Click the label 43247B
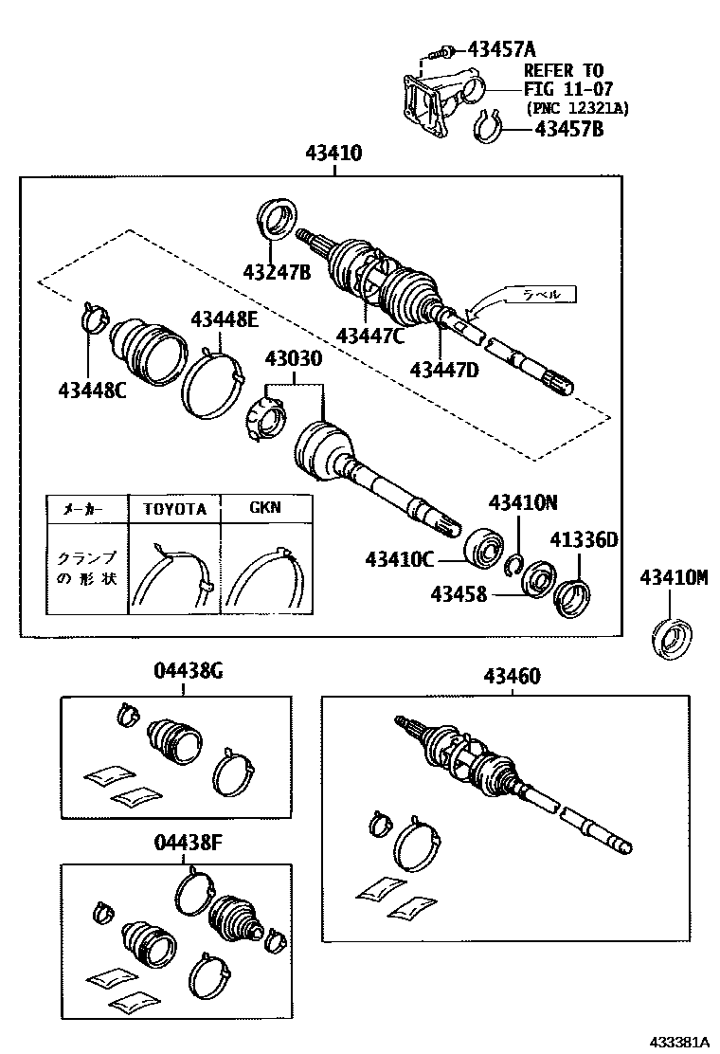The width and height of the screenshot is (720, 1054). tap(277, 273)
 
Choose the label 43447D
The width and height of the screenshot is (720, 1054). tap(444, 369)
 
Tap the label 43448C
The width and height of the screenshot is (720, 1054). tap(92, 388)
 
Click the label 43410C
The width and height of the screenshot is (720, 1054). tap(400, 559)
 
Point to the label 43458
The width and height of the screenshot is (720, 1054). tap(459, 594)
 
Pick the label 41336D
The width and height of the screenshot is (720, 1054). tap(584, 540)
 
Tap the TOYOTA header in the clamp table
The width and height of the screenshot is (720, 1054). tap(174, 508)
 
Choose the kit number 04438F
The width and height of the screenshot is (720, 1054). tap(188, 841)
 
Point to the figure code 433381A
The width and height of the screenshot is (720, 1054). tap(678, 1040)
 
